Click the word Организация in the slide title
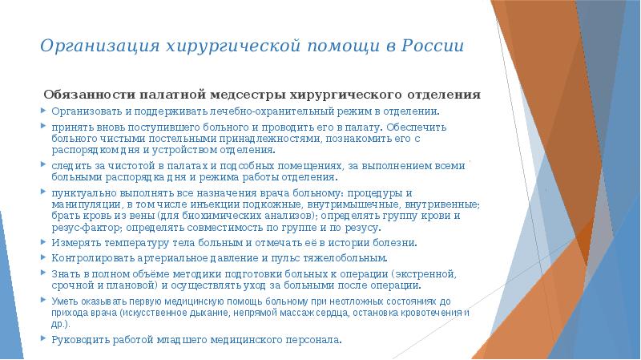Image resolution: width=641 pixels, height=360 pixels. [x=91, y=45]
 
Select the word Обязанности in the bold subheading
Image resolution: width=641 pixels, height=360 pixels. [x=87, y=95]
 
